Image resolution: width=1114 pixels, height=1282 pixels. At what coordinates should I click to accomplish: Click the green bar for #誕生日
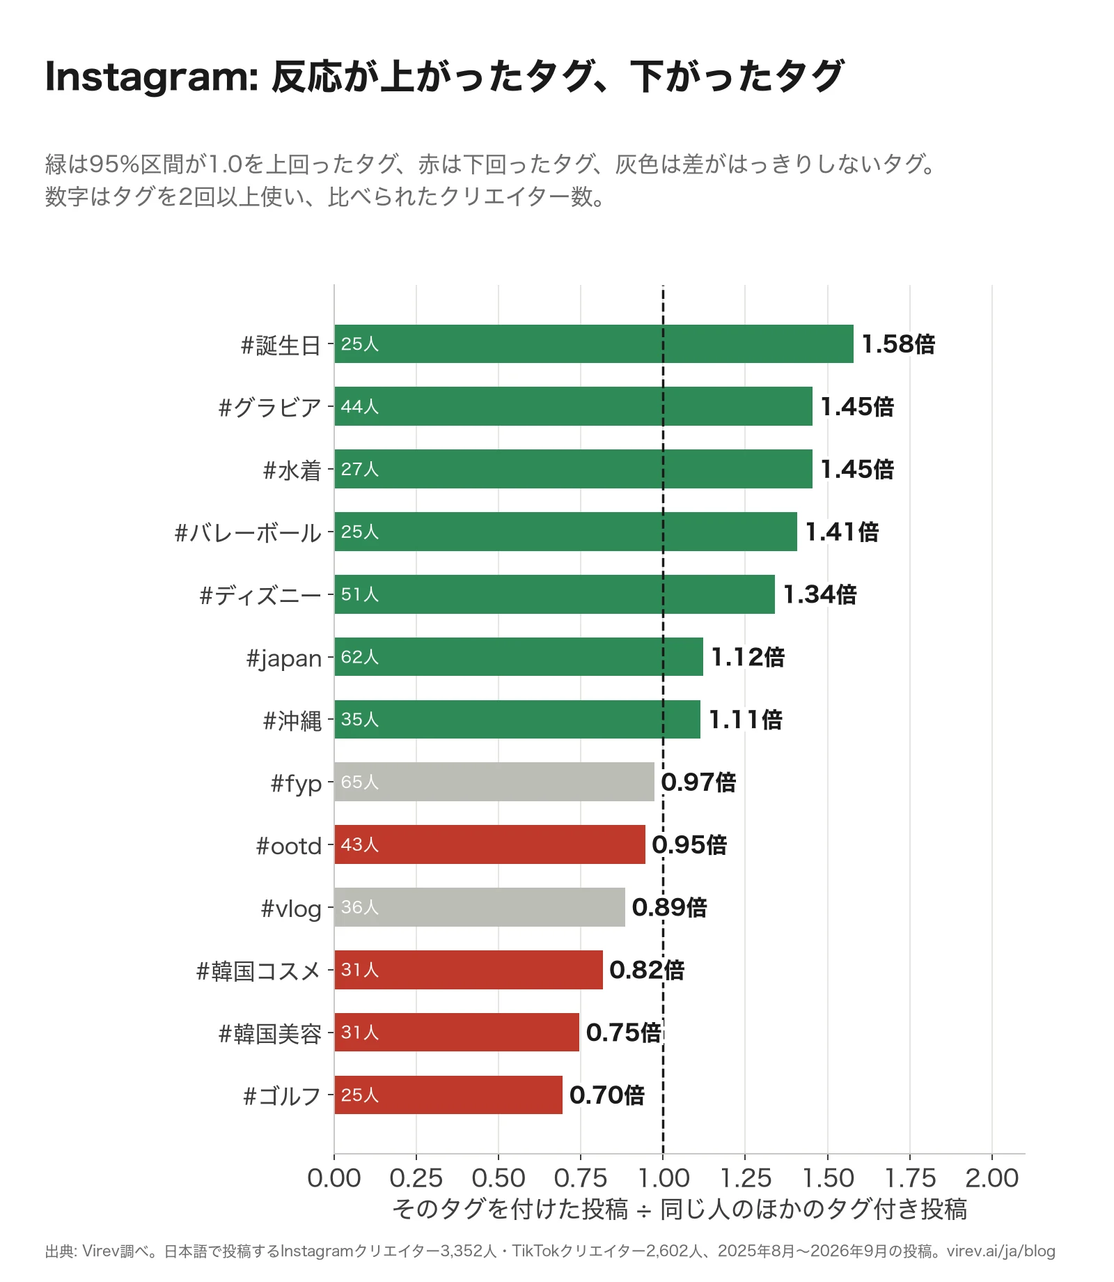pyautogui.click(x=594, y=343)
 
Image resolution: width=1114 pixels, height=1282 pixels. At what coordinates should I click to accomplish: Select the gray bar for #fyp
pyautogui.click(x=494, y=782)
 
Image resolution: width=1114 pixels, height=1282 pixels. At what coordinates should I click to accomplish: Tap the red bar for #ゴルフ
pyautogui.click(x=448, y=1095)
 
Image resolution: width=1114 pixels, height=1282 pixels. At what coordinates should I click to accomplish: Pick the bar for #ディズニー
pyautogui.click(x=554, y=594)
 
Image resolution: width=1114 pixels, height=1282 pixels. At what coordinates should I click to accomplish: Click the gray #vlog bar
pyautogui.click(x=480, y=907)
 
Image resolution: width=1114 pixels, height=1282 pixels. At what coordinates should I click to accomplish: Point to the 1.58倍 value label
pyautogui.click(x=898, y=344)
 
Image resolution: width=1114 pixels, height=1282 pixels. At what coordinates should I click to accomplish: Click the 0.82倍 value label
pyautogui.click(x=647, y=970)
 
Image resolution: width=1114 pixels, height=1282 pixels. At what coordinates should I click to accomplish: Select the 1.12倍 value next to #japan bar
pyautogui.click(x=748, y=657)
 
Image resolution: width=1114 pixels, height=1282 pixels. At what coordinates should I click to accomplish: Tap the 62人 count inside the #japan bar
pyautogui.click(x=360, y=657)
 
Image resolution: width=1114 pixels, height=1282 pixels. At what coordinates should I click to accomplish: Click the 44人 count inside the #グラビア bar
pyautogui.click(x=360, y=406)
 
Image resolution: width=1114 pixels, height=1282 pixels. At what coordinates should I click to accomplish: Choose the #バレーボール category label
pyautogui.click(x=248, y=533)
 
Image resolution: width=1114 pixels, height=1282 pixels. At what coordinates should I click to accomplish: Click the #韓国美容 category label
pyautogui.click(x=270, y=1034)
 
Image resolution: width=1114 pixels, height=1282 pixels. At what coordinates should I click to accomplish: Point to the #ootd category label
pyautogui.click(x=289, y=846)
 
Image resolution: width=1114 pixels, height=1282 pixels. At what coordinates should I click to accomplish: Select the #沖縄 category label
pyautogui.click(x=292, y=721)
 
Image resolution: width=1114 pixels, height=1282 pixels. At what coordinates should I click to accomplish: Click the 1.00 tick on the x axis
pyautogui.click(x=664, y=1178)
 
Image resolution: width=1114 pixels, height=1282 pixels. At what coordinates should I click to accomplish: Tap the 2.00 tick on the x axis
pyautogui.click(x=992, y=1178)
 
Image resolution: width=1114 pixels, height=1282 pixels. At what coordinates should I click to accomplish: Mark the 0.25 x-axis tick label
pyautogui.click(x=416, y=1178)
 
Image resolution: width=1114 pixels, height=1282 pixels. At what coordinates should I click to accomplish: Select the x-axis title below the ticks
pyautogui.click(x=680, y=1210)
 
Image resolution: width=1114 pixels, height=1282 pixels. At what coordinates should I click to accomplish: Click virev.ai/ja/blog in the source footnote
pyautogui.click(x=1001, y=1251)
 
